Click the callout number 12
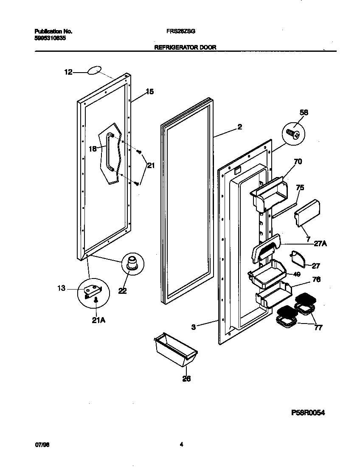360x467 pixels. pos(68,73)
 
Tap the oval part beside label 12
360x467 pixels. pos(95,70)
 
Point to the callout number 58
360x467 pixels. pos(304,113)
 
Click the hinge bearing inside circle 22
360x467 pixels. pos(132,262)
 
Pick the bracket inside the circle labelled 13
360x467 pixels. pos(93,292)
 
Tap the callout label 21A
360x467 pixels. pos(98,320)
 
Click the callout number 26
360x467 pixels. pos(186,379)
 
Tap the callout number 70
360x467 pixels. pos(298,161)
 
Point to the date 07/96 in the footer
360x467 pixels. pos(40,445)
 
